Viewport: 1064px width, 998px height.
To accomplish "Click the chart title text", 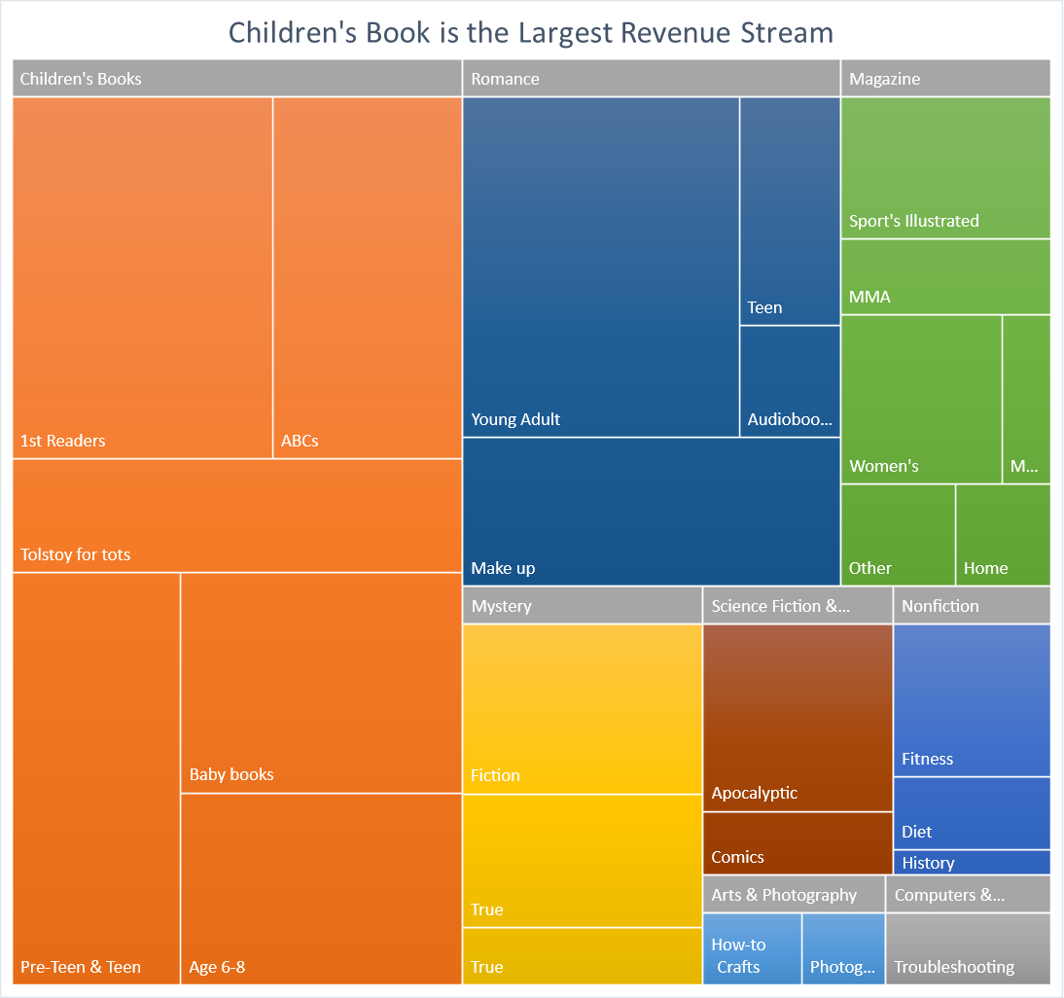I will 531,32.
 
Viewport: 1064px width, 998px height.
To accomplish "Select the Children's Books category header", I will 236,79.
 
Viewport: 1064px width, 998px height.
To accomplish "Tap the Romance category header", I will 651,79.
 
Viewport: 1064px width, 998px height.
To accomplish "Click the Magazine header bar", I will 945,79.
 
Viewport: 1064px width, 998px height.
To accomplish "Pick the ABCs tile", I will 367,277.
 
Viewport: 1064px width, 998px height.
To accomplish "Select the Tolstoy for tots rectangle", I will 236,516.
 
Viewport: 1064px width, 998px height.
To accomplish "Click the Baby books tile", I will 321,683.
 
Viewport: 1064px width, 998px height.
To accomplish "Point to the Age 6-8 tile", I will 321,889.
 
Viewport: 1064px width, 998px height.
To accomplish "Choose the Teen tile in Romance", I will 790,211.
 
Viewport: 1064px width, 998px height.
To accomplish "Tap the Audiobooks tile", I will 790,381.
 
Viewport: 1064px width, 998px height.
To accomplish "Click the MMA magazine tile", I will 945,277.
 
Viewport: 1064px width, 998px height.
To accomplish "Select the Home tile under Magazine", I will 1003,535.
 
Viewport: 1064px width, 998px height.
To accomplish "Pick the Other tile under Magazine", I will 898,535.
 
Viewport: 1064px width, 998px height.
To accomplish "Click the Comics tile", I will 798,843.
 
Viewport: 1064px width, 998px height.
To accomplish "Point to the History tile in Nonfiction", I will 972,863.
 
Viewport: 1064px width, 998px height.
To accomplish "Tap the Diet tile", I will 972,813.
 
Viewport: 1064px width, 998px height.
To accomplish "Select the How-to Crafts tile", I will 752,948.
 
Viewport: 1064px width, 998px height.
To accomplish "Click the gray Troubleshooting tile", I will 968,948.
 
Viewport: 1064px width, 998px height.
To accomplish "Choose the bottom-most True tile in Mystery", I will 582,956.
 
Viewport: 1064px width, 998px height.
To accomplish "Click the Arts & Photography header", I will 794,895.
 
